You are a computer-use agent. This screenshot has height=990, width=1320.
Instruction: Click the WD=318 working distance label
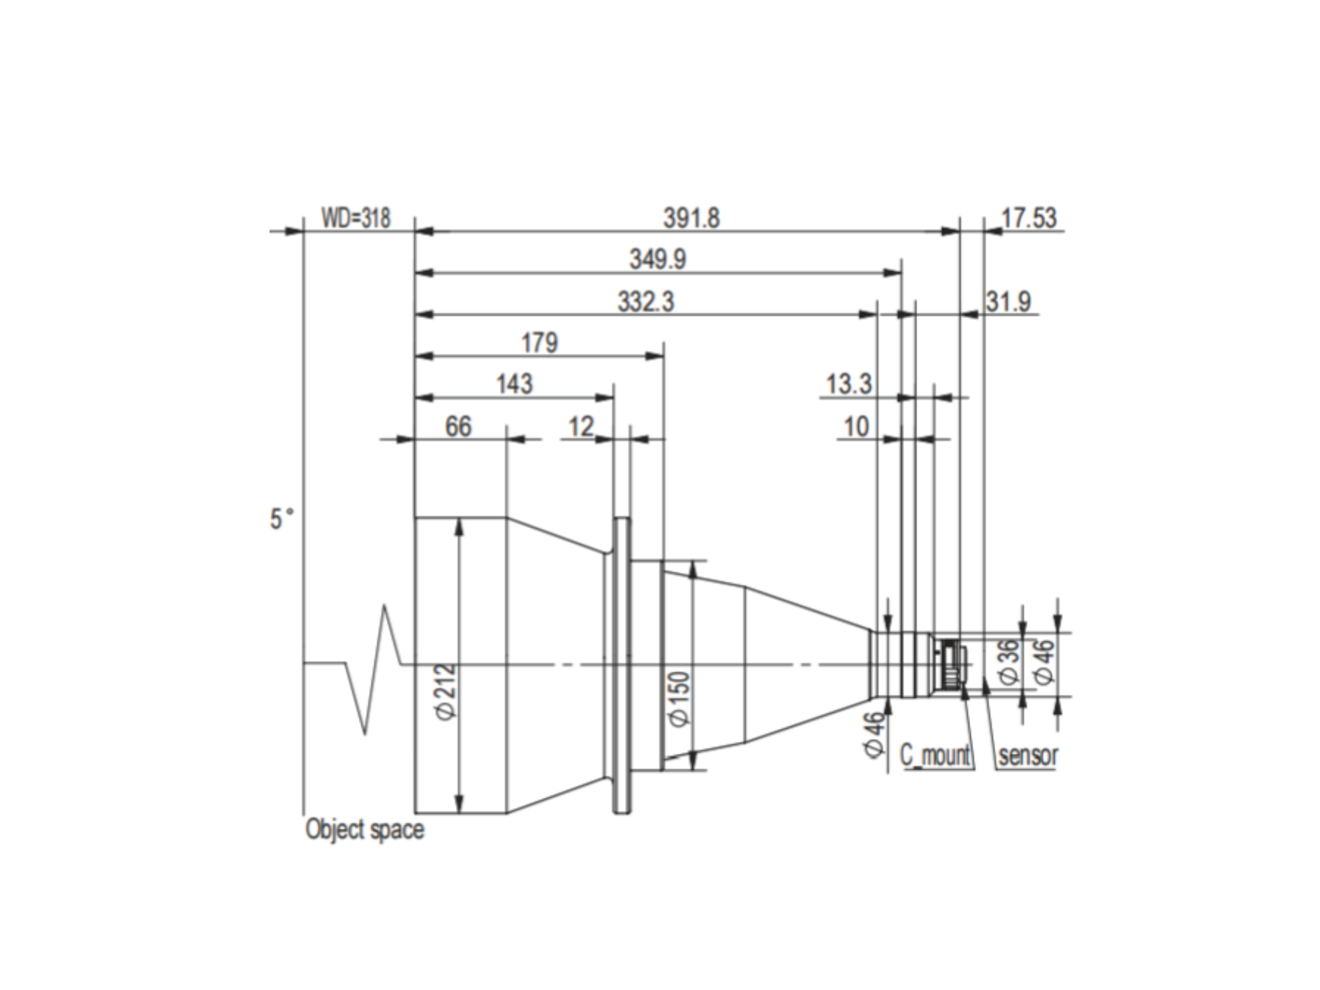tap(355, 218)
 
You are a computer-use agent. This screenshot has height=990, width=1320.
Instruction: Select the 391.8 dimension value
tap(691, 218)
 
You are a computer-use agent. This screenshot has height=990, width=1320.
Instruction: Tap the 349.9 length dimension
tap(658, 259)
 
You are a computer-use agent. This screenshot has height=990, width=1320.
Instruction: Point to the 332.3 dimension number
tap(646, 302)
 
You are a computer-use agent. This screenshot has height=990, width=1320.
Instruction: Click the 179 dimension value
tap(540, 343)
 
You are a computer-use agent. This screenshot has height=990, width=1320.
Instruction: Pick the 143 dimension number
tap(514, 384)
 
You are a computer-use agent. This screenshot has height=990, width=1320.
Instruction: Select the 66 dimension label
tap(458, 426)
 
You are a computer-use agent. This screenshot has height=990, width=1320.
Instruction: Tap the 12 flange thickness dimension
tap(581, 426)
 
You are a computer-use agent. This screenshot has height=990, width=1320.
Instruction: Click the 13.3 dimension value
tap(849, 384)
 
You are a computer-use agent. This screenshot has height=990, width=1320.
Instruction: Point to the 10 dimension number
tap(856, 426)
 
